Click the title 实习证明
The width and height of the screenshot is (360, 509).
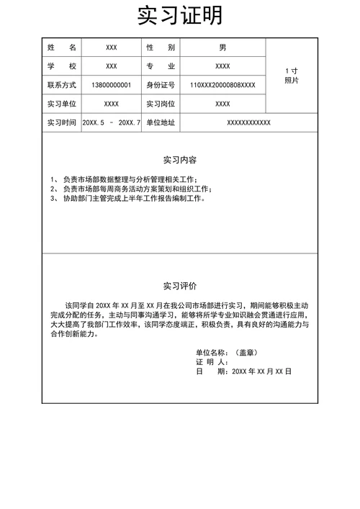tap(180, 15)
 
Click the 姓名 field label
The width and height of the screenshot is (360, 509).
tap(62, 48)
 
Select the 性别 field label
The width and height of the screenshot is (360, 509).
tap(161, 48)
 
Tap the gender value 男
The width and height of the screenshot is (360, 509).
tap(222, 48)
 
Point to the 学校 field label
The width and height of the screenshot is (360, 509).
tap(62, 66)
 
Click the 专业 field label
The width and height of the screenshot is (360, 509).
tap(161, 66)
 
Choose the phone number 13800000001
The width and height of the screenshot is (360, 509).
tap(112, 85)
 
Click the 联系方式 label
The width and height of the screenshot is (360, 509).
tap(62, 85)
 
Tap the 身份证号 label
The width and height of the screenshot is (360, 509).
tap(161, 85)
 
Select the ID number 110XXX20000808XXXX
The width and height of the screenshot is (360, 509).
tap(222, 85)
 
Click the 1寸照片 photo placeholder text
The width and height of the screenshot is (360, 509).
tap(292, 76)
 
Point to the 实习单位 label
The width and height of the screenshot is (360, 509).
tap(62, 104)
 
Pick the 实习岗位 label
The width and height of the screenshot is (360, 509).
tap(161, 104)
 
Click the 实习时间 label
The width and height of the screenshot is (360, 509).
tap(62, 122)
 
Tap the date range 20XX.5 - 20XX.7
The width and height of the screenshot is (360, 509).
tap(112, 122)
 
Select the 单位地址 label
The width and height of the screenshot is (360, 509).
tap(161, 122)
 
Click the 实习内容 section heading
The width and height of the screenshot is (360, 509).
tap(180, 160)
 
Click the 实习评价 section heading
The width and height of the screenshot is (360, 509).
tap(180, 285)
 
